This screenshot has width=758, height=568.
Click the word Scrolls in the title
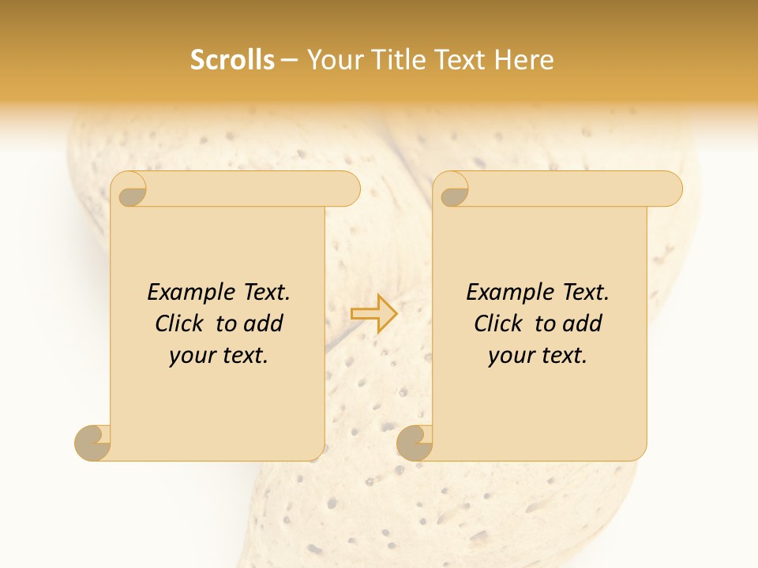[x=232, y=60]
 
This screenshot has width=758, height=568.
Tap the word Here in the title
[x=524, y=60]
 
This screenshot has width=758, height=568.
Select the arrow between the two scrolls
[x=374, y=314]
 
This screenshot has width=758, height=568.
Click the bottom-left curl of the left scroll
[x=92, y=442]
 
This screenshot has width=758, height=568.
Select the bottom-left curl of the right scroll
[x=415, y=442]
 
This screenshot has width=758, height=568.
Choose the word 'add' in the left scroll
[x=263, y=324]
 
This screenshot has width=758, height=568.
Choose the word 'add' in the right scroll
[x=582, y=324]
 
